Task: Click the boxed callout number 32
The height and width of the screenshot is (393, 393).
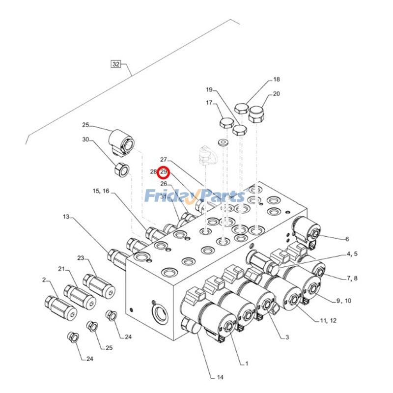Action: click(116, 64)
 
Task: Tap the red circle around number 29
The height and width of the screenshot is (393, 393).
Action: click(164, 172)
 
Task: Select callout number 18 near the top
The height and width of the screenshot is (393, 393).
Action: click(277, 80)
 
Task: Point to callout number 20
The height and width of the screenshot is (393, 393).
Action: click(276, 94)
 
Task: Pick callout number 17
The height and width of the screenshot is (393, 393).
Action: click(209, 103)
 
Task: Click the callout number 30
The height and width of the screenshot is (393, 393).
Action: click(85, 140)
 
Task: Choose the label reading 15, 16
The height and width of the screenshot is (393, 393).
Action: click(101, 191)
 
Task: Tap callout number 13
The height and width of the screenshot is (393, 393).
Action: click(66, 217)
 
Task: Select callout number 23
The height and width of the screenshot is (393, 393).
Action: click(81, 258)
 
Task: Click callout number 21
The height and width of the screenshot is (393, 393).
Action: click(61, 269)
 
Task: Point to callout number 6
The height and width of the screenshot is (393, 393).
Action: click(347, 239)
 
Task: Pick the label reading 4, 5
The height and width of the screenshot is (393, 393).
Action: click(353, 254)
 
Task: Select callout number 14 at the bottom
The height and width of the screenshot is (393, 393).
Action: click(220, 377)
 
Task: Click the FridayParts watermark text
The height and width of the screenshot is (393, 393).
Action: click(195, 196)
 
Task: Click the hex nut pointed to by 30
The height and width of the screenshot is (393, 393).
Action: click(121, 170)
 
